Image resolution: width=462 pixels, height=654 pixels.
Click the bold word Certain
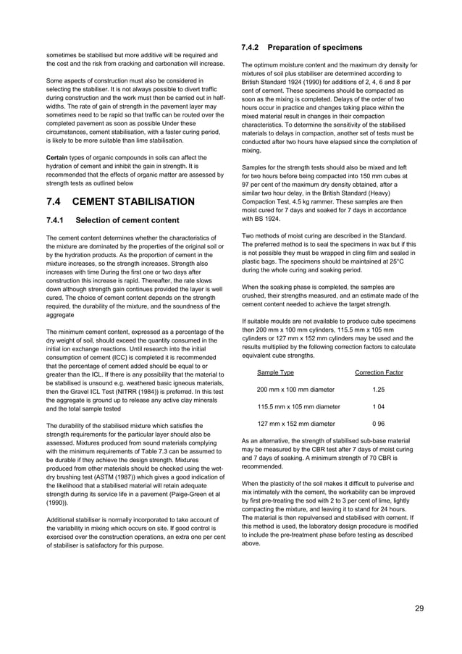click(x=58, y=157)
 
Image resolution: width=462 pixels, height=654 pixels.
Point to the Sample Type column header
click(x=275, y=372)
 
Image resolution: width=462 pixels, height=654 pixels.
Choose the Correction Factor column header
click(x=379, y=372)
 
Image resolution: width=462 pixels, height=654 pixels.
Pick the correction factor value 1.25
click(x=378, y=390)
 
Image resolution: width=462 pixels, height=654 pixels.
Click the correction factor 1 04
click(x=378, y=407)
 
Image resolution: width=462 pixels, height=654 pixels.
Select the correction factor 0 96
click(x=378, y=424)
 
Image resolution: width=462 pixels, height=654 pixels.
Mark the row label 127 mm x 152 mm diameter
click(x=296, y=424)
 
